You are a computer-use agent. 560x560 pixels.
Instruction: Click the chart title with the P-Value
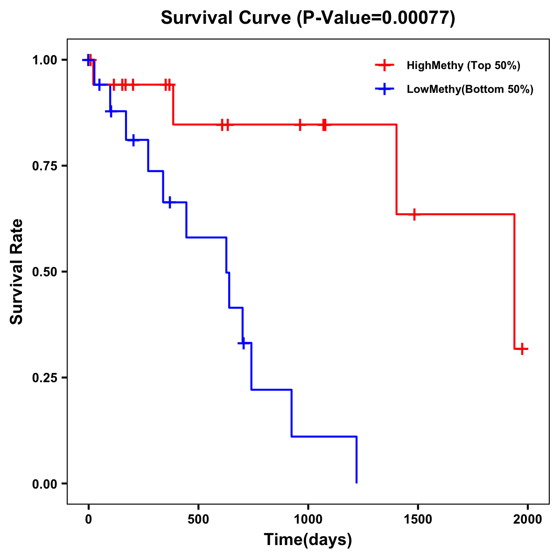point(308,18)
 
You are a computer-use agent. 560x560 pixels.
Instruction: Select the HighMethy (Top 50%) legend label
point(463,65)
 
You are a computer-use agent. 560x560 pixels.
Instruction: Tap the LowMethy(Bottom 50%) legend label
point(469,89)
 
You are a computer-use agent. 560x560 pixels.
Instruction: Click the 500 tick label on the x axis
point(198,519)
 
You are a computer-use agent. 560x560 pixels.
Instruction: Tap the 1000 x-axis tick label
point(308,519)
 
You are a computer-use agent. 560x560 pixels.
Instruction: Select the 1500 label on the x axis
point(418,519)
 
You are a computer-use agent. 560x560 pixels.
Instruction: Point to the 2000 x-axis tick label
point(528,519)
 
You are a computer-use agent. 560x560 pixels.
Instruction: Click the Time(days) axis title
point(308,539)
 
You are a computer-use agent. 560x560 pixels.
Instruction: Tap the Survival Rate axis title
point(17,272)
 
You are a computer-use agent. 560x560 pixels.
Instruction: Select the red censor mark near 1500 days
point(414,214)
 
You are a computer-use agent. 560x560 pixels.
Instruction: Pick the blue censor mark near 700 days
point(243,343)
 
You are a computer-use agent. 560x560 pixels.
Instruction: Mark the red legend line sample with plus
point(385,65)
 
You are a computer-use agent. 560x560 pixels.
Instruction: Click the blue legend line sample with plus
point(385,89)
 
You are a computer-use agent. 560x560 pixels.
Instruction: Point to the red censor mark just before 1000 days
point(300,125)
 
